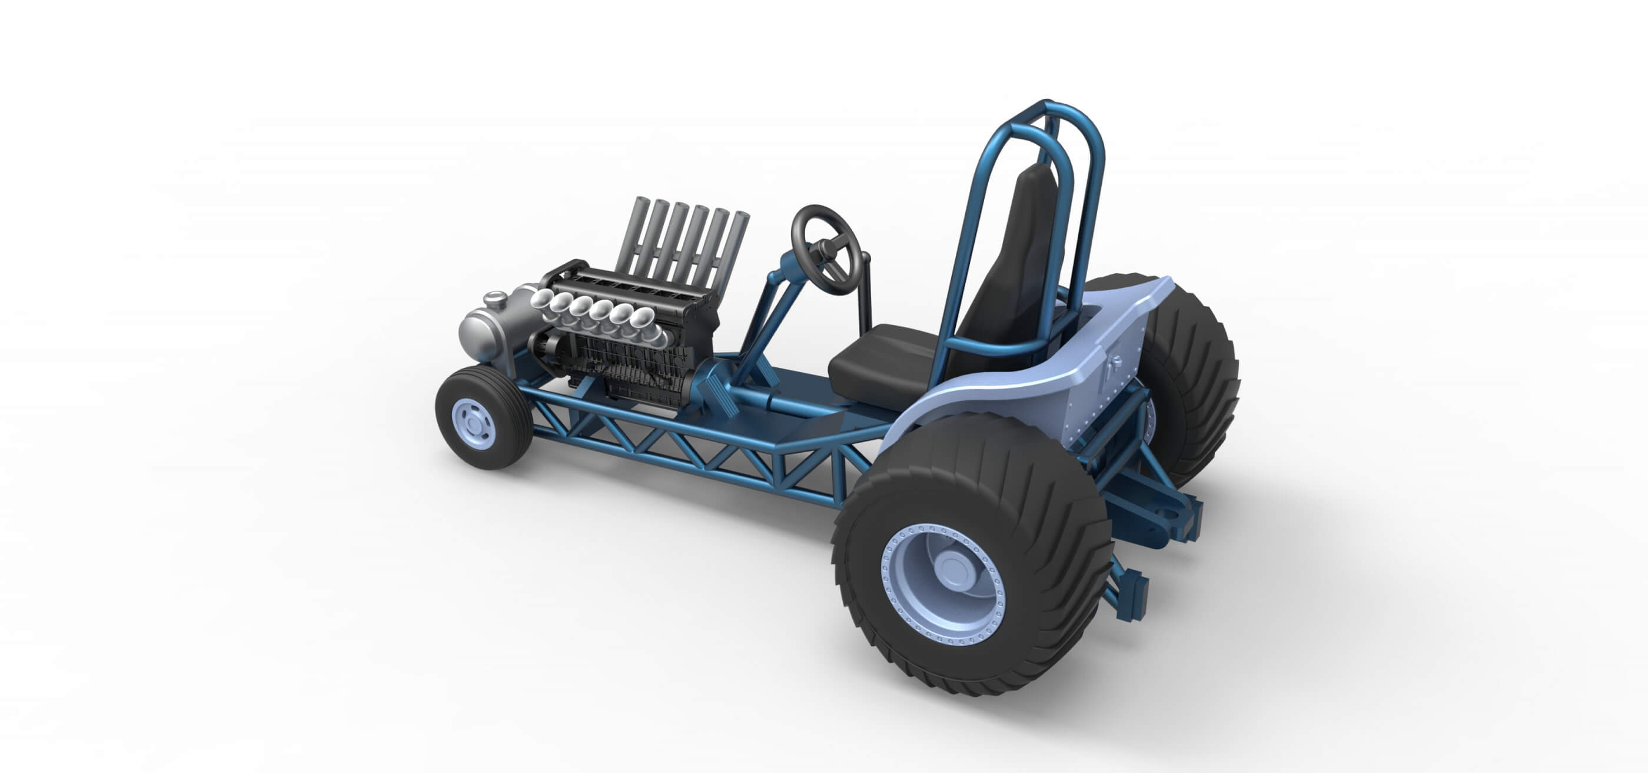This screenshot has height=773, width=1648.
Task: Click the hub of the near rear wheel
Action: coord(950,568)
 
